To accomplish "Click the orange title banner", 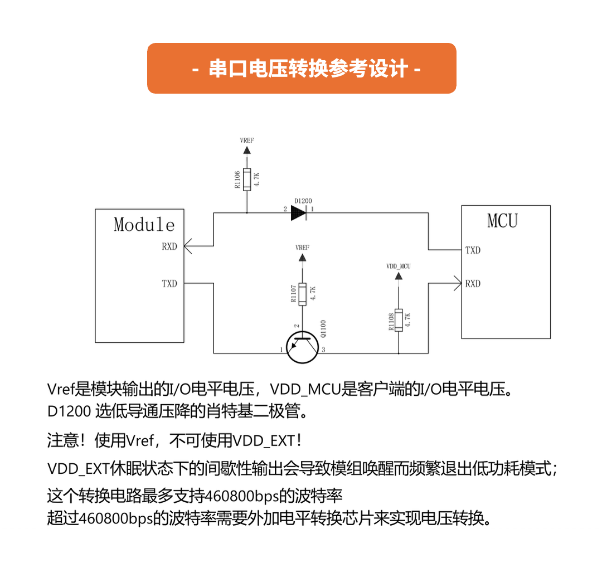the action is (302, 68).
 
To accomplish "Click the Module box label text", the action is (144, 224).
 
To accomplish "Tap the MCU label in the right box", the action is (502, 221).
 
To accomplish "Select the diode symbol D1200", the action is (299, 212).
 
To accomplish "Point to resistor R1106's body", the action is (246, 179).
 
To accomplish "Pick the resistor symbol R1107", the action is (302, 294).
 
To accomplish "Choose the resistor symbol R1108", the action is (399, 319).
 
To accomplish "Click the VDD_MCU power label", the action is (398, 266).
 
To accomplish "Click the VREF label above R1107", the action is (302, 247).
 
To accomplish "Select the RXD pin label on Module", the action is (169, 246).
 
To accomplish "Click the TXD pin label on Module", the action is (169, 284).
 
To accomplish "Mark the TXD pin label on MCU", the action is (473, 250).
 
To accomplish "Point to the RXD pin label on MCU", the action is (473, 284).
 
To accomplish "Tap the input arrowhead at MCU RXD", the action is (458, 283).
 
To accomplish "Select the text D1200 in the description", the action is (69, 412).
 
